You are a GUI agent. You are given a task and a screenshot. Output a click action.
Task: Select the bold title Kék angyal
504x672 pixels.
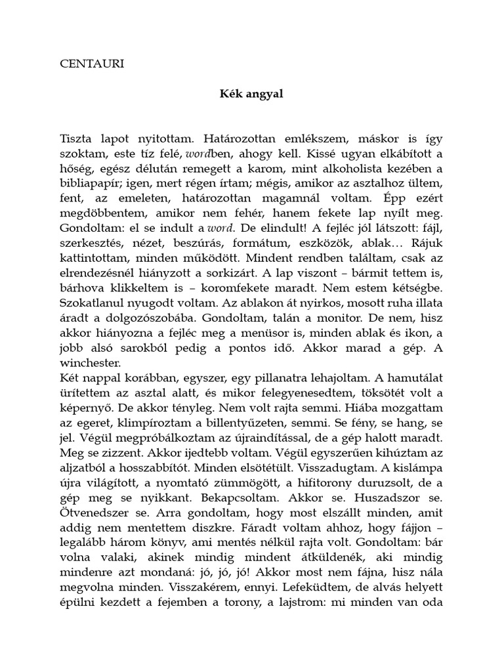tap(251, 93)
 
